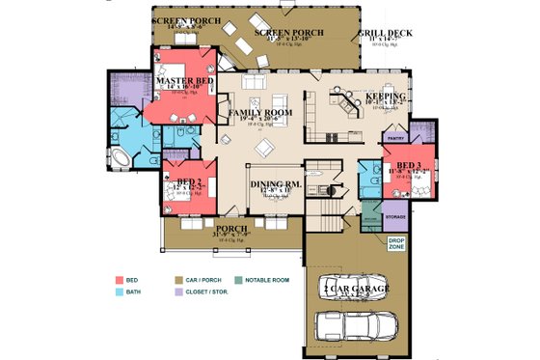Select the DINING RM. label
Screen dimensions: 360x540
coord(276,183)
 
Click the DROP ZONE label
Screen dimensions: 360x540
coord(396,243)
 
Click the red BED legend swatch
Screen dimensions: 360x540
coord(119,278)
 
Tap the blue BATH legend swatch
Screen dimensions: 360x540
coord(119,291)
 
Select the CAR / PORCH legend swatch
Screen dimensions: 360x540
coord(178,278)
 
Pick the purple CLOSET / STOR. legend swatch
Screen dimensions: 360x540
coord(178,291)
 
